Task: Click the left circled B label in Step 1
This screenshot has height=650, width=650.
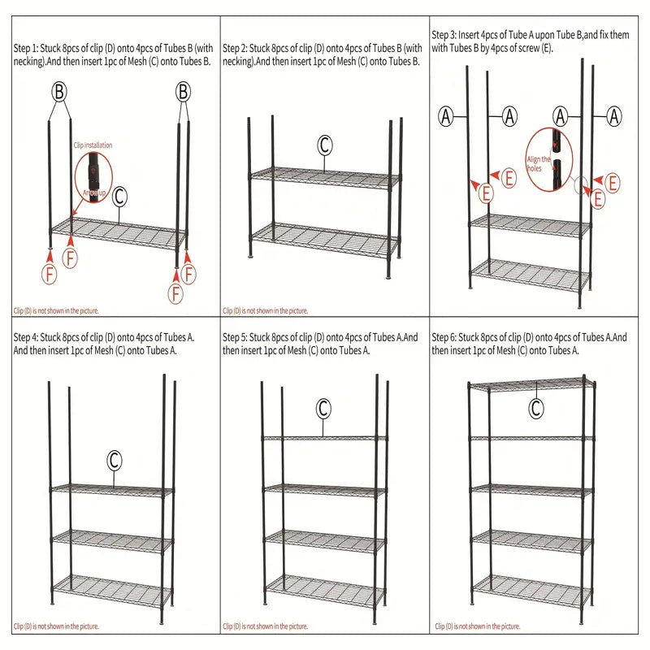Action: (x=59, y=91)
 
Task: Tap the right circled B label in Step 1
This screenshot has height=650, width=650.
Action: (x=184, y=91)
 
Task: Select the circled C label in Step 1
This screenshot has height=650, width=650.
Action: (x=119, y=197)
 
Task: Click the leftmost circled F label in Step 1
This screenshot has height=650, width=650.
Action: (x=50, y=275)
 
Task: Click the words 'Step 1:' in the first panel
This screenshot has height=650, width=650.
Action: (x=28, y=49)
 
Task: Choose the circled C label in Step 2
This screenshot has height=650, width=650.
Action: (x=324, y=145)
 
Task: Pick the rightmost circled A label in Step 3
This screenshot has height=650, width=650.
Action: (x=613, y=116)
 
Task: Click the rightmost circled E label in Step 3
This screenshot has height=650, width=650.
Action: (x=613, y=183)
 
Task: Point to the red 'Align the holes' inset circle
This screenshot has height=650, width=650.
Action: (x=551, y=160)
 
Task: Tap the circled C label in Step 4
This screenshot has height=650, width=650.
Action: (x=115, y=461)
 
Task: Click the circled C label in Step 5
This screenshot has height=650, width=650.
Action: (x=323, y=407)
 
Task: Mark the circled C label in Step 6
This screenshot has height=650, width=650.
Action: (x=536, y=409)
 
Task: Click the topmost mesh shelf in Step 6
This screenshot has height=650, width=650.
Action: (x=533, y=383)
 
